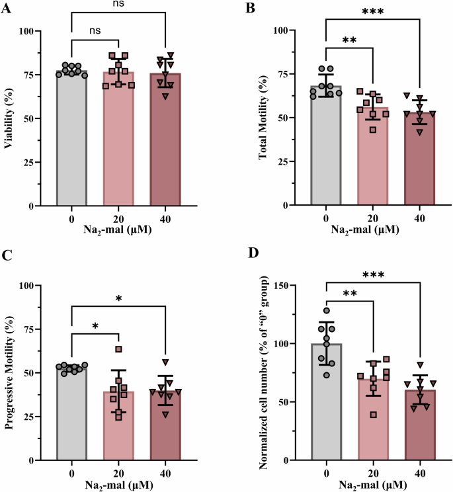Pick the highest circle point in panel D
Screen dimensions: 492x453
click(326, 311)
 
